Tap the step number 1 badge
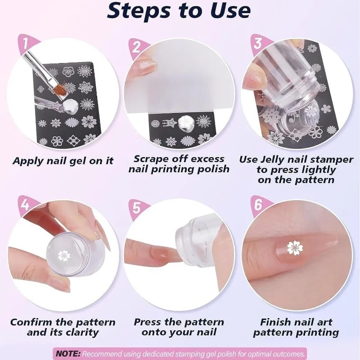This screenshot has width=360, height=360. [25, 44]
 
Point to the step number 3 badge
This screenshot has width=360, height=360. [258, 44]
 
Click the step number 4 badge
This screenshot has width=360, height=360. [25, 205]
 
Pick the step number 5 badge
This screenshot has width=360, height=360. [136, 208]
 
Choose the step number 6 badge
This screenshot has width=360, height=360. [258, 205]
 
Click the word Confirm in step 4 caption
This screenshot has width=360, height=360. [31, 322]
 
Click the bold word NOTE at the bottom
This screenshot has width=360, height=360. [68, 353]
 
